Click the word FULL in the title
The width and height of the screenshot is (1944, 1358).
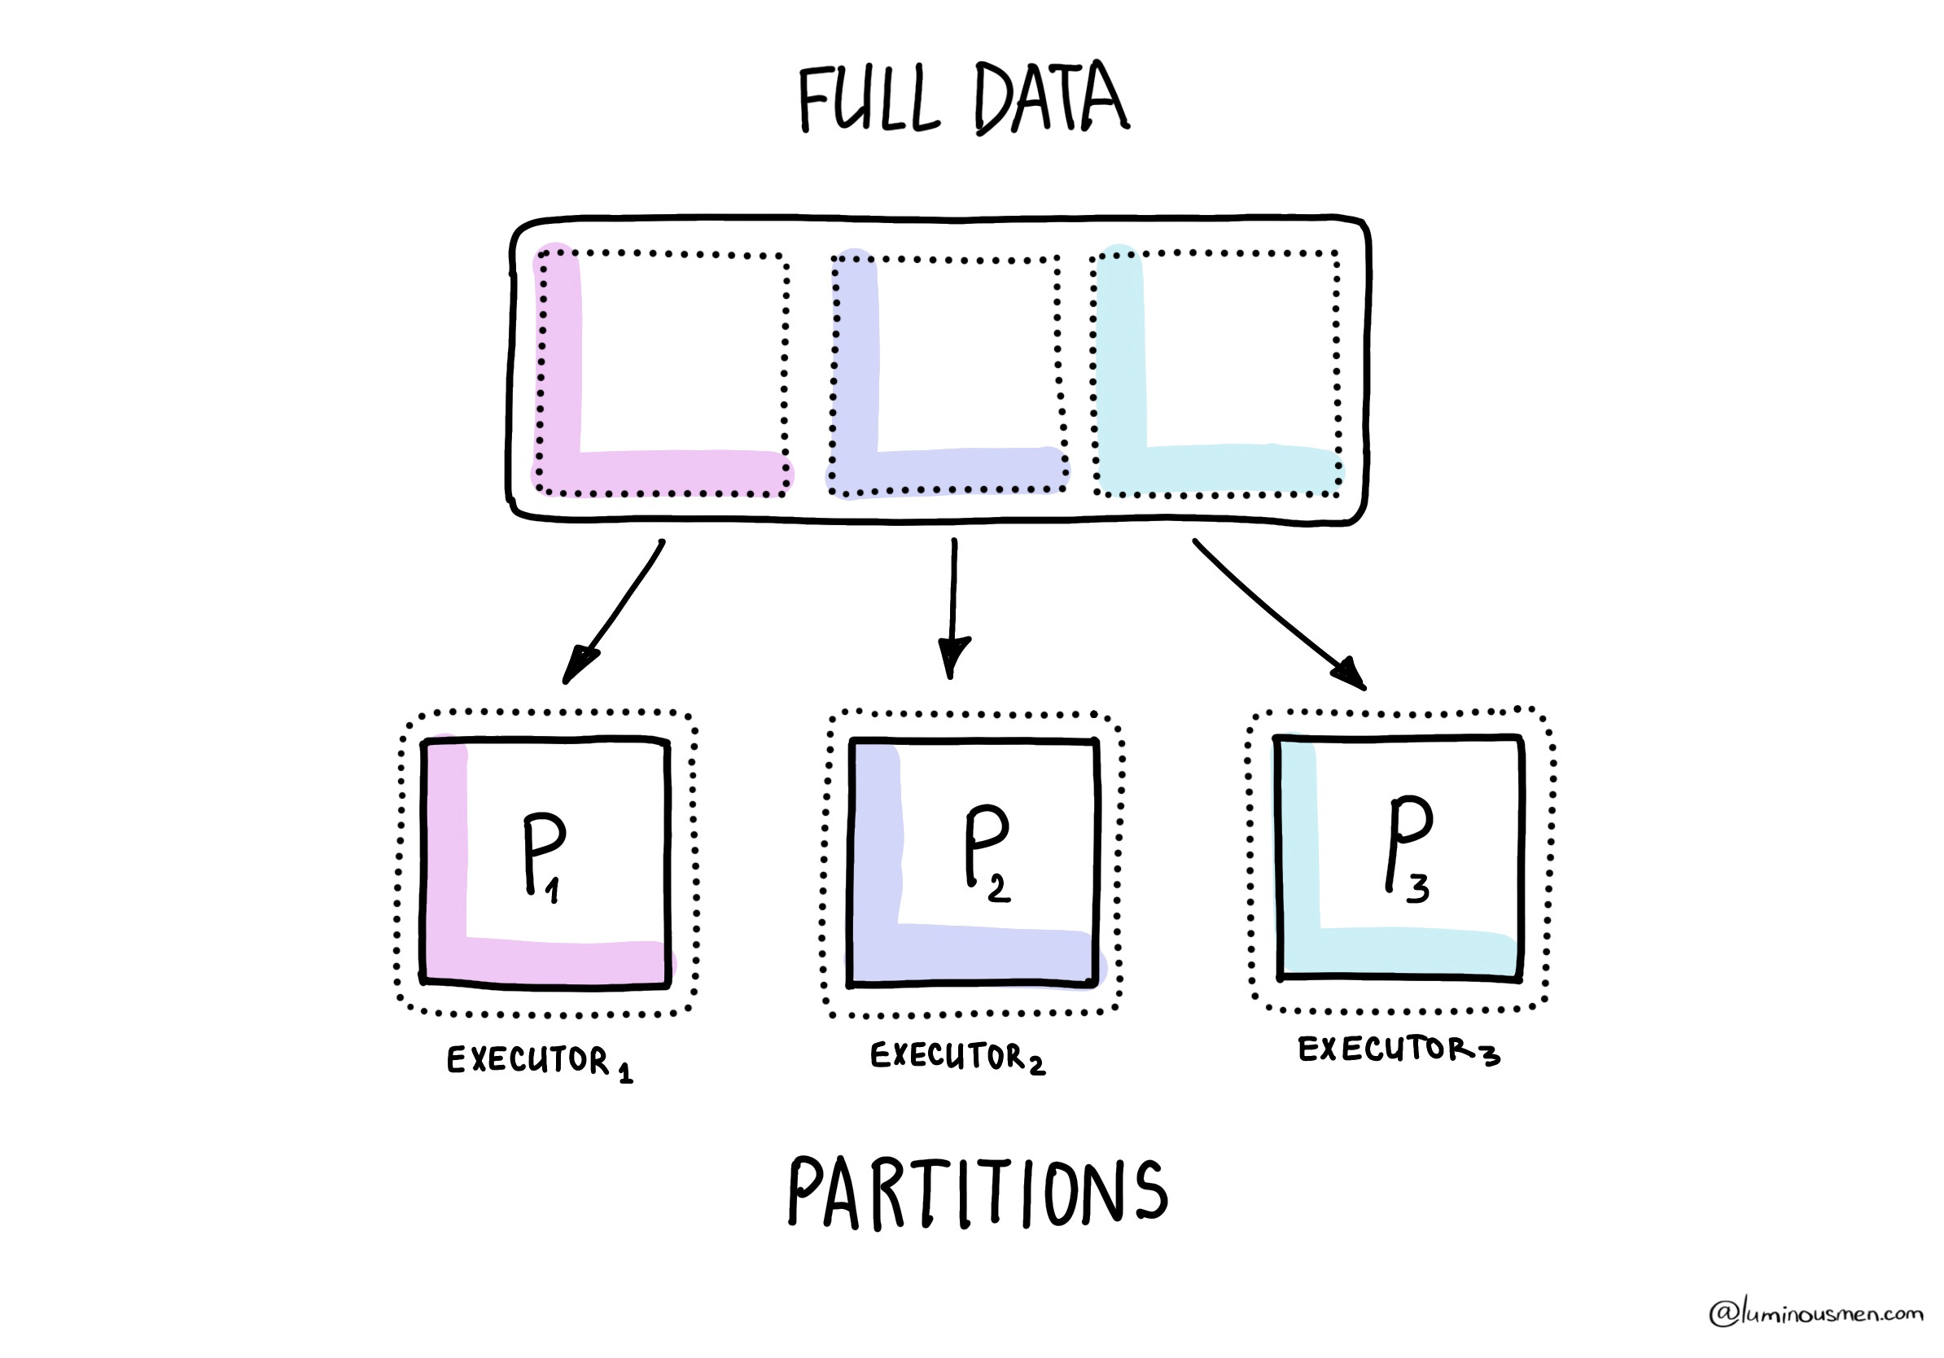pos(868,100)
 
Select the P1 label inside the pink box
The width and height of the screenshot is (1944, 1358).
pos(544,855)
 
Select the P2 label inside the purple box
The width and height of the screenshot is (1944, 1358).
pos(987,852)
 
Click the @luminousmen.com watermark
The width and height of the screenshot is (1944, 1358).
pos(1815,1312)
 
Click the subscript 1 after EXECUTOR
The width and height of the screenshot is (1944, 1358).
pos(625,1075)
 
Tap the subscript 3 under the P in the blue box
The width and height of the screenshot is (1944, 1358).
pos(1418,888)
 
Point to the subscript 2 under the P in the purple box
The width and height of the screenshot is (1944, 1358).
pos(999,888)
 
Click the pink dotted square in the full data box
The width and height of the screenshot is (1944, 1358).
pos(663,373)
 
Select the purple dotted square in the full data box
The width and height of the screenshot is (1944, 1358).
pos(947,374)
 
